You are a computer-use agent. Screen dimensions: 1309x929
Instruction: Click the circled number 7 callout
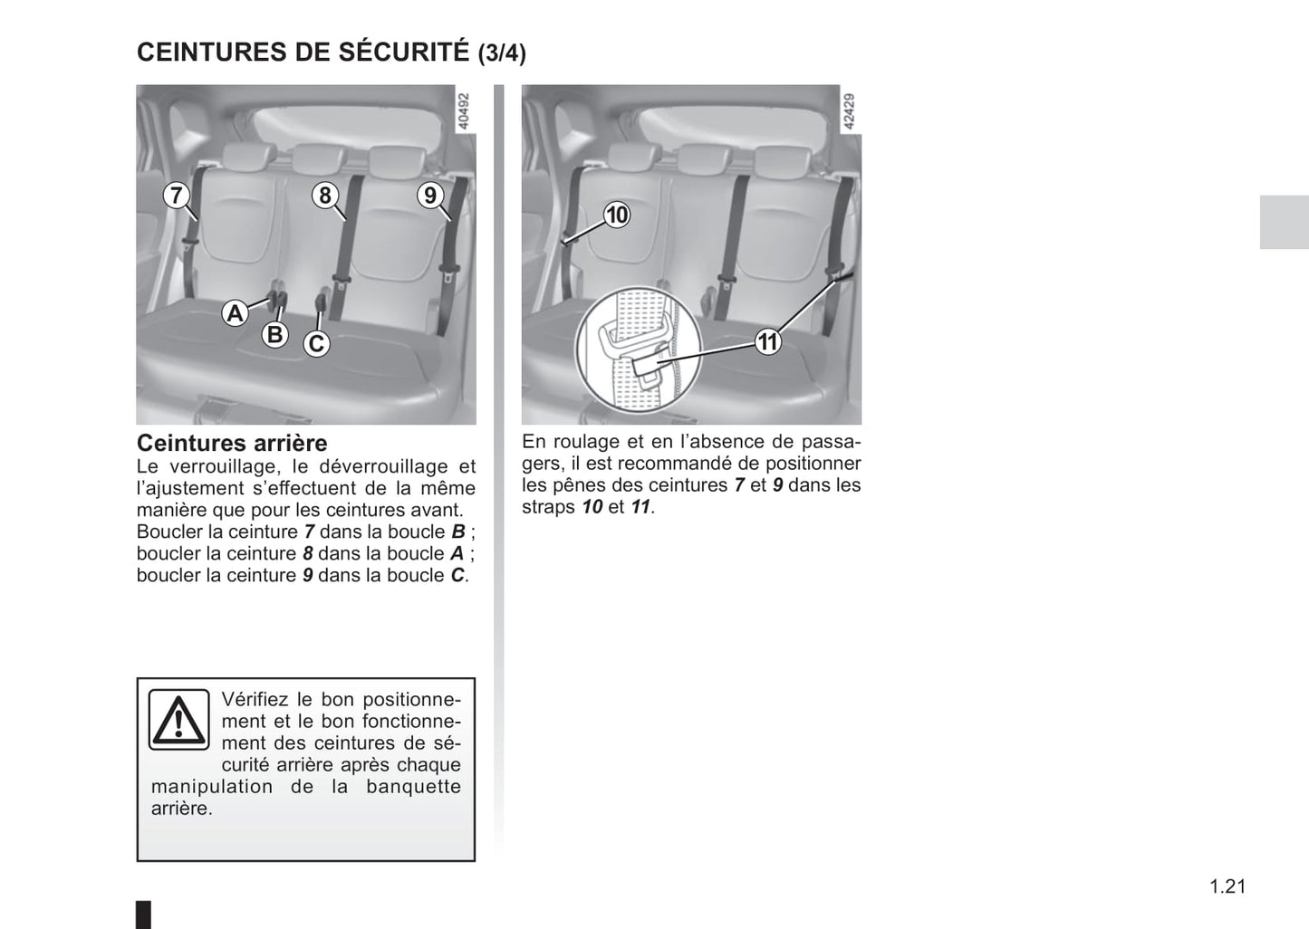176,195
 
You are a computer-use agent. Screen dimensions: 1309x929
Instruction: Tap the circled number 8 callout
325,195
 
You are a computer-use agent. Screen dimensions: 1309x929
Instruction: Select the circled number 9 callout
430,195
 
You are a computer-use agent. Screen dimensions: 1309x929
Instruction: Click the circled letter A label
235,314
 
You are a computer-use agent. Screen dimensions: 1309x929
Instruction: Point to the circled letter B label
274,335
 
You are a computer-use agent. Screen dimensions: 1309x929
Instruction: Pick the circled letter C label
316,343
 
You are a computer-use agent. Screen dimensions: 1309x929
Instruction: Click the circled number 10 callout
617,215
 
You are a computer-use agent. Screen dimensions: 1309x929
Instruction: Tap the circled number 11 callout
768,341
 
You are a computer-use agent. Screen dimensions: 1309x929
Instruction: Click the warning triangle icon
178,719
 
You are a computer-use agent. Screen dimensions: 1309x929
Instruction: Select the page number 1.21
1227,887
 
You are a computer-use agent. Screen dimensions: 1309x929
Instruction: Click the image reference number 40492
463,111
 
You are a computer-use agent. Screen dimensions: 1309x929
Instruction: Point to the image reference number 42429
849,111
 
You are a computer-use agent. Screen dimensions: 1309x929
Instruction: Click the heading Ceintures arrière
232,443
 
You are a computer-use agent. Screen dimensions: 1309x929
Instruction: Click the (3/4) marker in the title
502,53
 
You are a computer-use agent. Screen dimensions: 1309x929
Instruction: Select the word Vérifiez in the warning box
255,699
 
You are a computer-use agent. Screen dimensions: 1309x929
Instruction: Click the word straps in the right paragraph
549,507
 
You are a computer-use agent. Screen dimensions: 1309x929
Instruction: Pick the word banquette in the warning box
414,787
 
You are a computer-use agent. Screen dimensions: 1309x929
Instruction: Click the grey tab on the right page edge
1284,222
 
